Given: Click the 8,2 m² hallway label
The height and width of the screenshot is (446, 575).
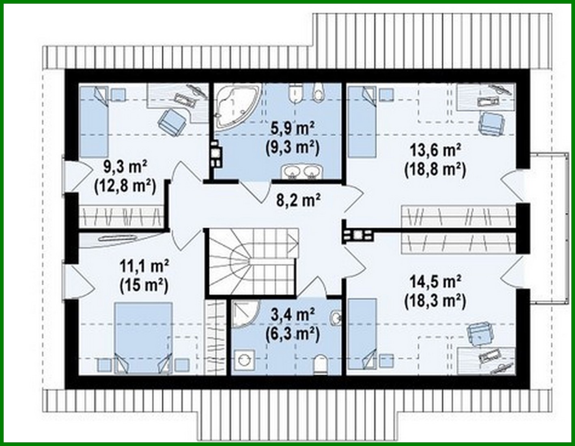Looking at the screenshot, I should coord(298,200).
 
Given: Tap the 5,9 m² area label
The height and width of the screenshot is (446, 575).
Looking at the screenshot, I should coord(293,129).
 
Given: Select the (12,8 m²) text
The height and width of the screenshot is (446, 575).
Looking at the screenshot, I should coord(125,186).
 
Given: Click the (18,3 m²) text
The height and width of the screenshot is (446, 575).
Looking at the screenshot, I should coord(435,301).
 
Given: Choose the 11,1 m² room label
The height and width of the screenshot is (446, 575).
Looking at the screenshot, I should coord(144,266).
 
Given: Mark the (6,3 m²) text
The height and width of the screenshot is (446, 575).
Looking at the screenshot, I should coord(293,334).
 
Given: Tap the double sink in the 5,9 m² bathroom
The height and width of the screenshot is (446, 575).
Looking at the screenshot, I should coord(301,172).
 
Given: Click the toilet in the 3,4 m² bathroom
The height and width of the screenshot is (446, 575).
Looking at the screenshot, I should coord(321,364).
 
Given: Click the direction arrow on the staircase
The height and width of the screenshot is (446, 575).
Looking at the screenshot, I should coord(291,243).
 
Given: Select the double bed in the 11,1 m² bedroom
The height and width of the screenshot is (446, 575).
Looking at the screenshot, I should coord(143,337).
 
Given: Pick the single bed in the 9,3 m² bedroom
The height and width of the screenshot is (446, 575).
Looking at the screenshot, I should coord(93,122).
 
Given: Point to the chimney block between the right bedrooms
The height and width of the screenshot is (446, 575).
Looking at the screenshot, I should coord(357,235).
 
